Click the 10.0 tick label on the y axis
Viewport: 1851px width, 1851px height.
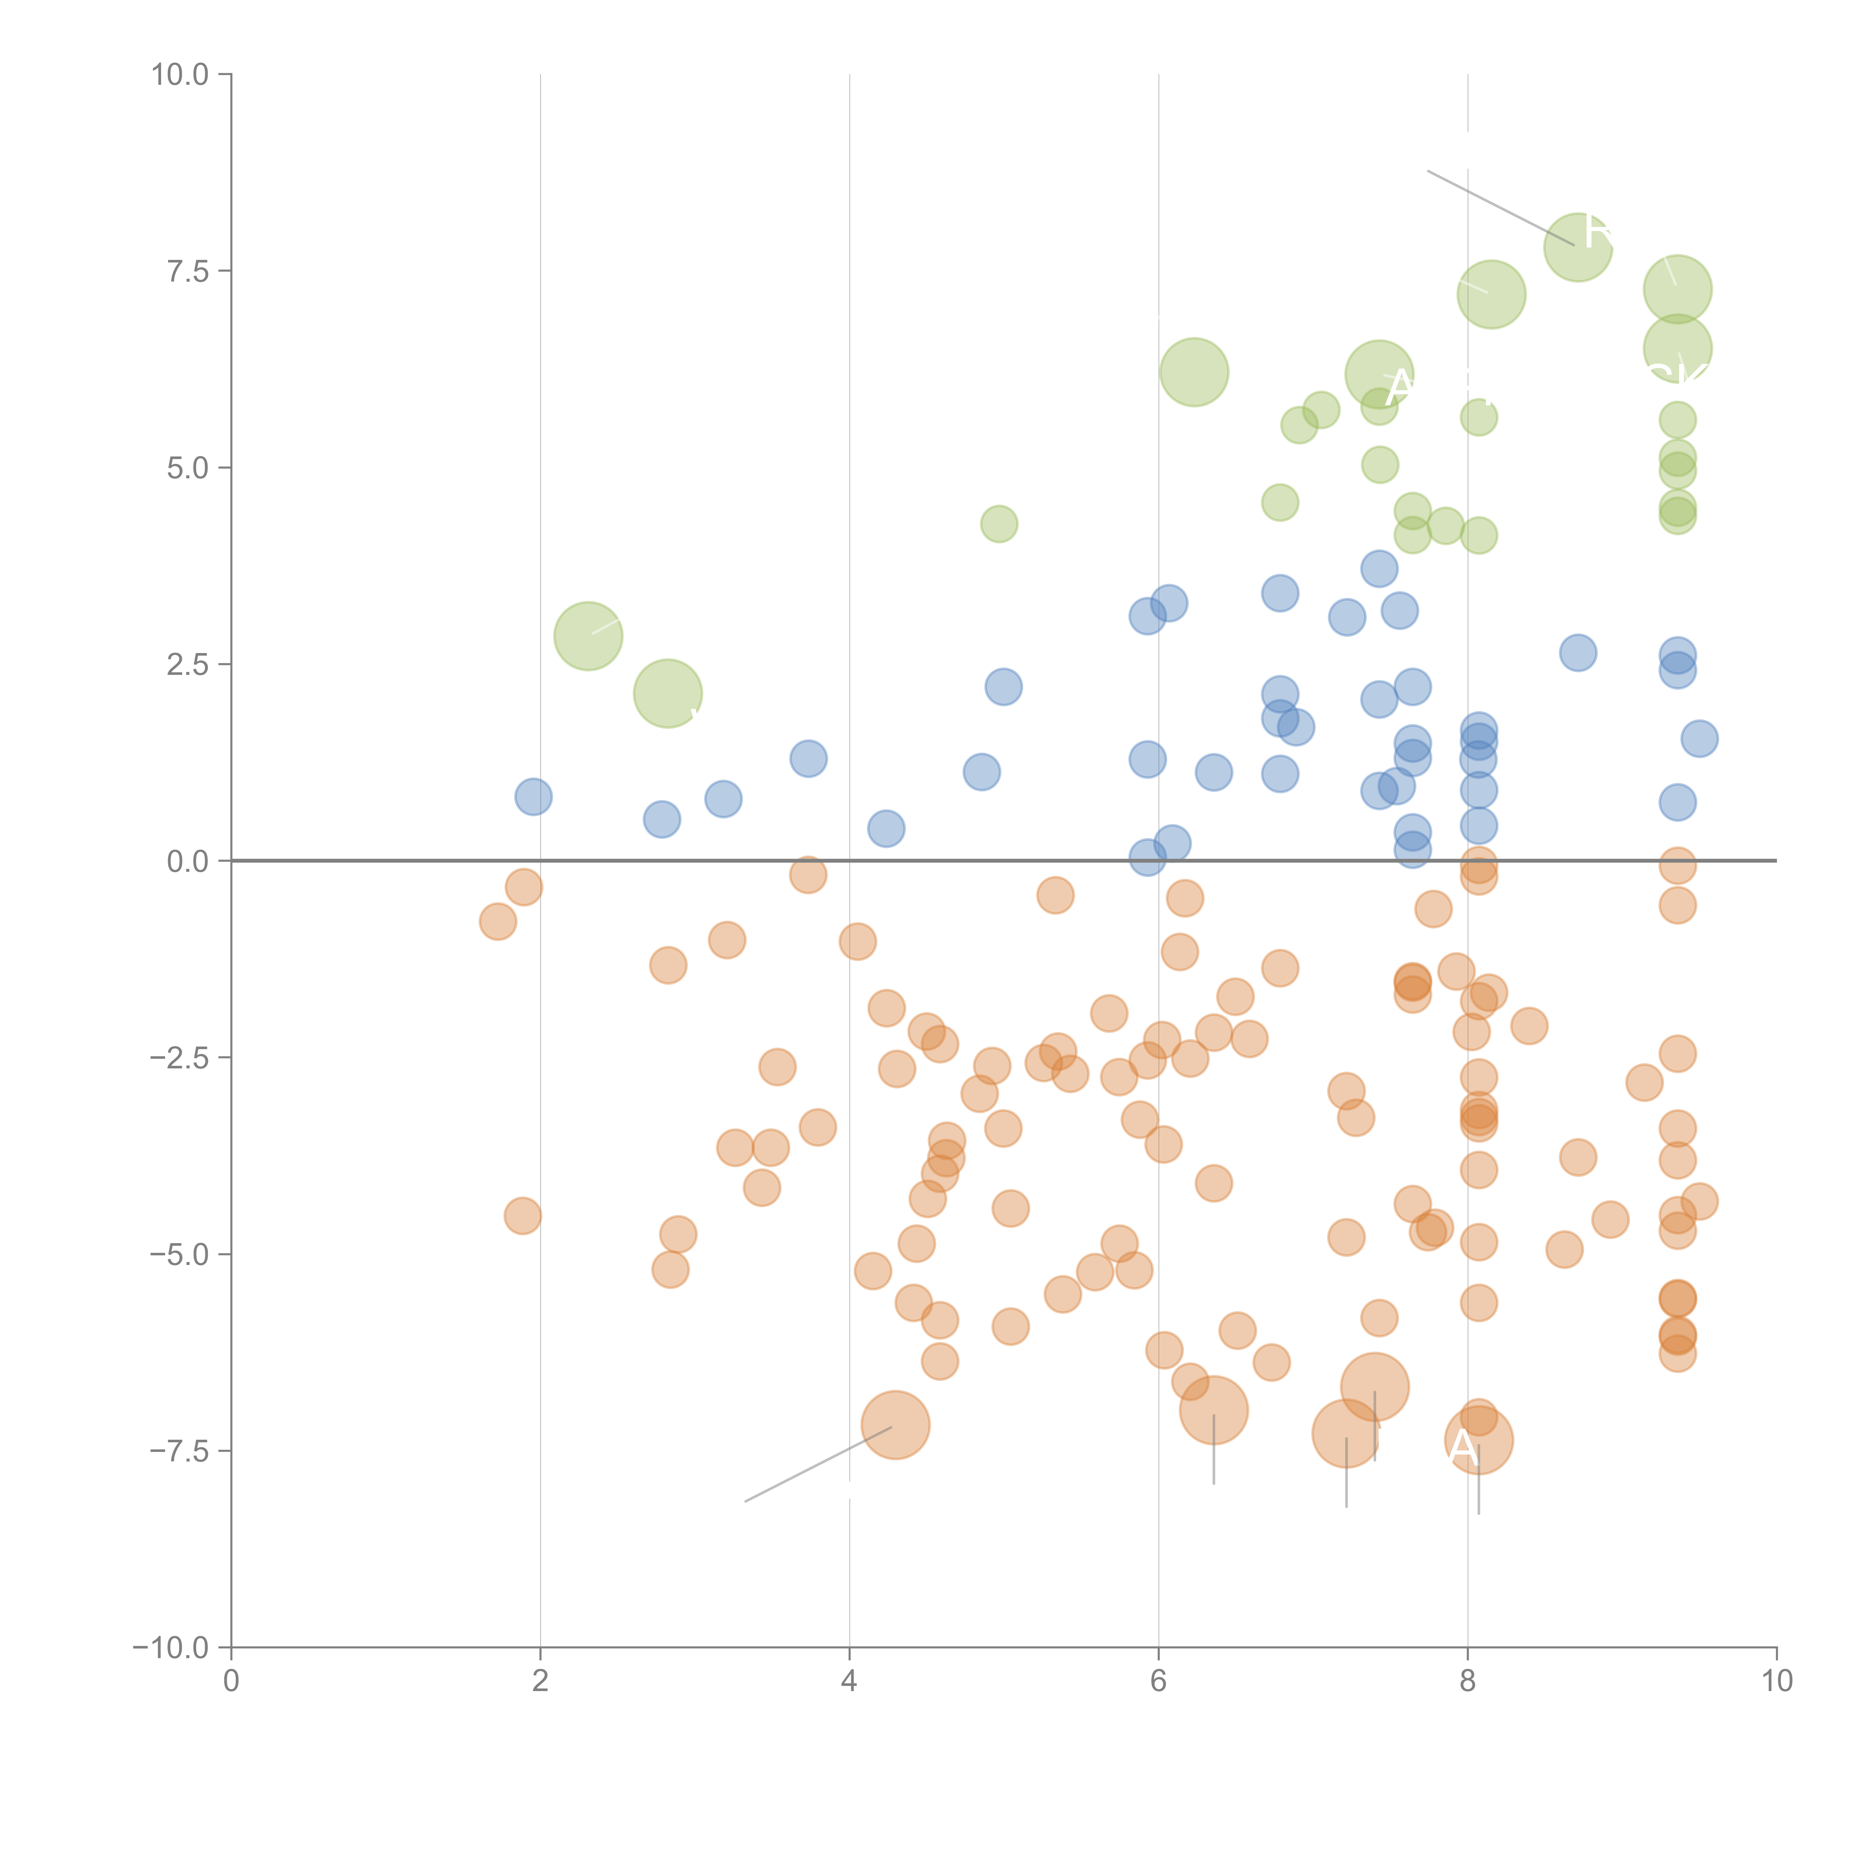[180, 75]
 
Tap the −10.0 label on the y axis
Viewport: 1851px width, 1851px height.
[171, 1648]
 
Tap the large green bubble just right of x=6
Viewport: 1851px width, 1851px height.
[1194, 372]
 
